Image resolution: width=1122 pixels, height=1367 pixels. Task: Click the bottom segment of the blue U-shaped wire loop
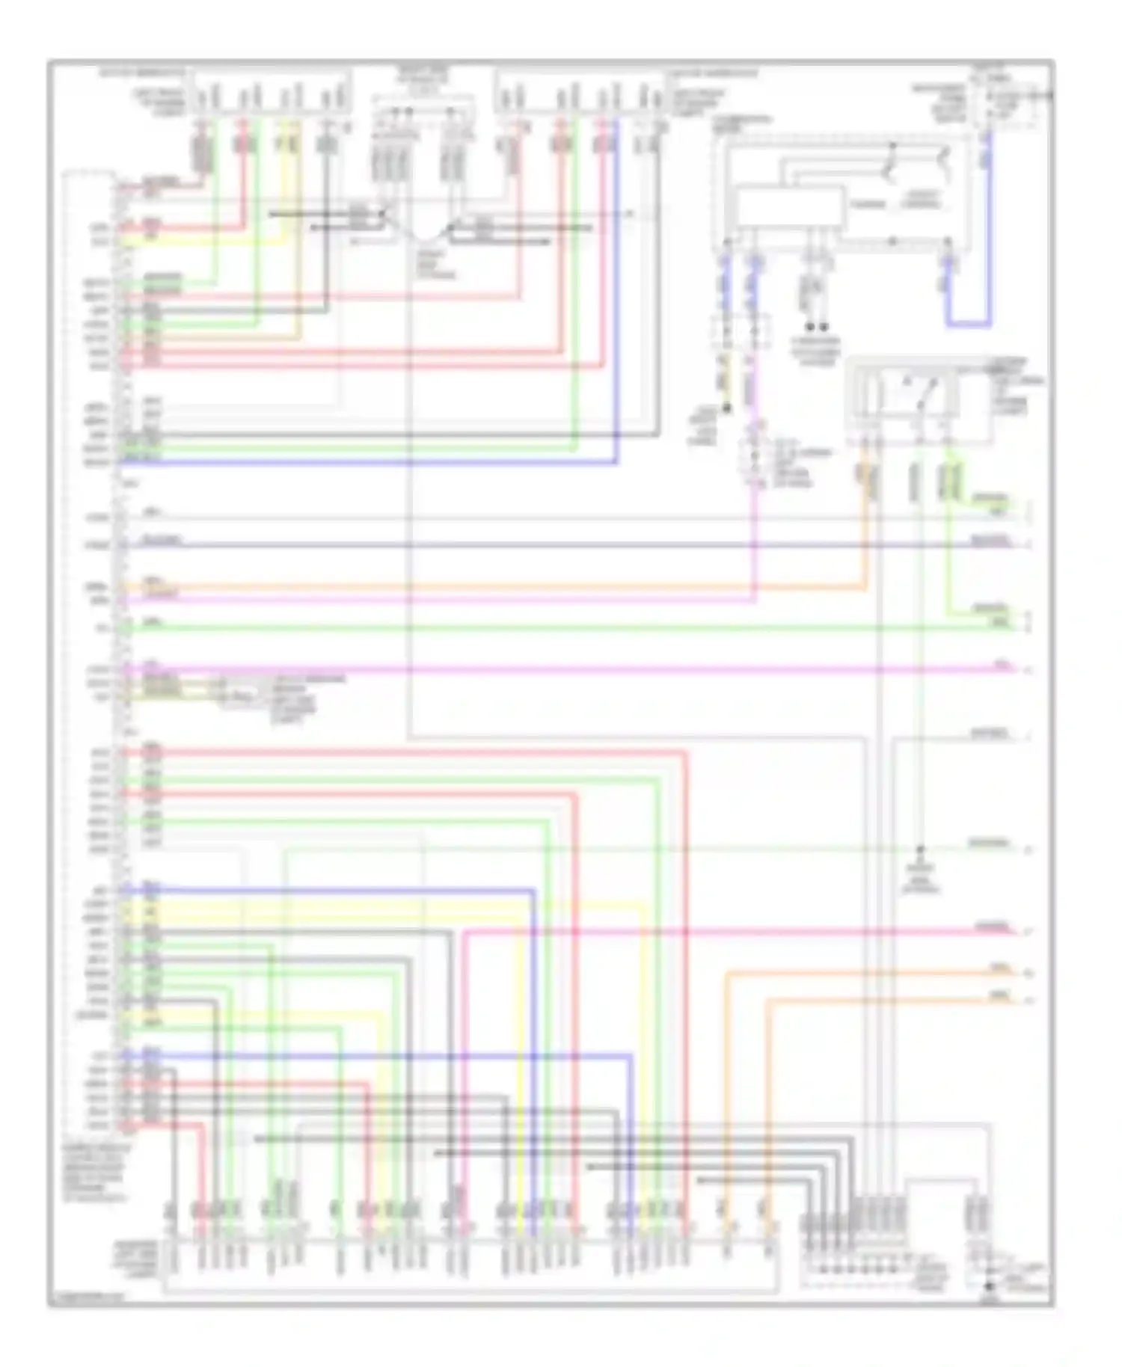point(969,325)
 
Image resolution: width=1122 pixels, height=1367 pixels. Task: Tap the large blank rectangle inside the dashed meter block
point(789,207)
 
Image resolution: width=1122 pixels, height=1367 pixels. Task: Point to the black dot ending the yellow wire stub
point(725,408)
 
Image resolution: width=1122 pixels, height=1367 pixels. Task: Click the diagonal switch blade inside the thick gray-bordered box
point(930,392)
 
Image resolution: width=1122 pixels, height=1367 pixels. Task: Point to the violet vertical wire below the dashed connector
point(754,538)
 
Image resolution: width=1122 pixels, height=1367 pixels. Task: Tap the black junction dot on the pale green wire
point(921,850)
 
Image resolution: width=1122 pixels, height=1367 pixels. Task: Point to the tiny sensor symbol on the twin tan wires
point(234,696)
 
